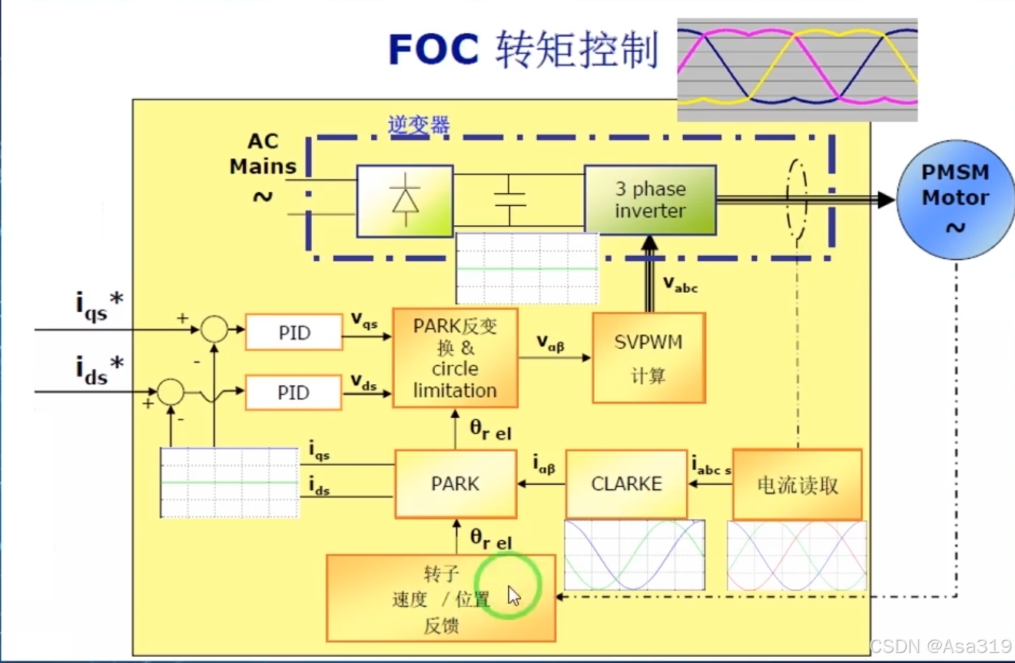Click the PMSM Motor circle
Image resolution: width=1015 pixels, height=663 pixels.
tap(955, 199)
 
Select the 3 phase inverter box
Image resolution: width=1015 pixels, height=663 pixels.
tap(650, 200)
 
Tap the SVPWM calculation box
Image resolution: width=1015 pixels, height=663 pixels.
tap(648, 357)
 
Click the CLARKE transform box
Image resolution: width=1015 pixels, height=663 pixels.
tap(626, 484)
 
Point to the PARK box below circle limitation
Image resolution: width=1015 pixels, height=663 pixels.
tap(455, 484)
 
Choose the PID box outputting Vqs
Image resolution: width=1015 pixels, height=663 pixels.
tap(294, 332)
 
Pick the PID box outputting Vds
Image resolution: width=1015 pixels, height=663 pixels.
tap(294, 393)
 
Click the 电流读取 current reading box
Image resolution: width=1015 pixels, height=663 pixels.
tap(797, 485)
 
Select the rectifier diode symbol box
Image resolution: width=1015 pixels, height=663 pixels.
tap(404, 201)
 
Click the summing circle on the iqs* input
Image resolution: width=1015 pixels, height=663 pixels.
tap(214, 330)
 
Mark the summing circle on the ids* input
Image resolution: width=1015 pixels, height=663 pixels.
tap(171, 392)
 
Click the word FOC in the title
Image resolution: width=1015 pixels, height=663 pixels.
tap(433, 51)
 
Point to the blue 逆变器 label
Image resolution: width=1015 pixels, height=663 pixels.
tap(419, 125)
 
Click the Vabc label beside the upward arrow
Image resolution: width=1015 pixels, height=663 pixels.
tap(681, 284)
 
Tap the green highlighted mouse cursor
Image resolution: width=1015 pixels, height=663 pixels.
tap(513, 595)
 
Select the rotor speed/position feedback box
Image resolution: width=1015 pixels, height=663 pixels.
tap(440, 598)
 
